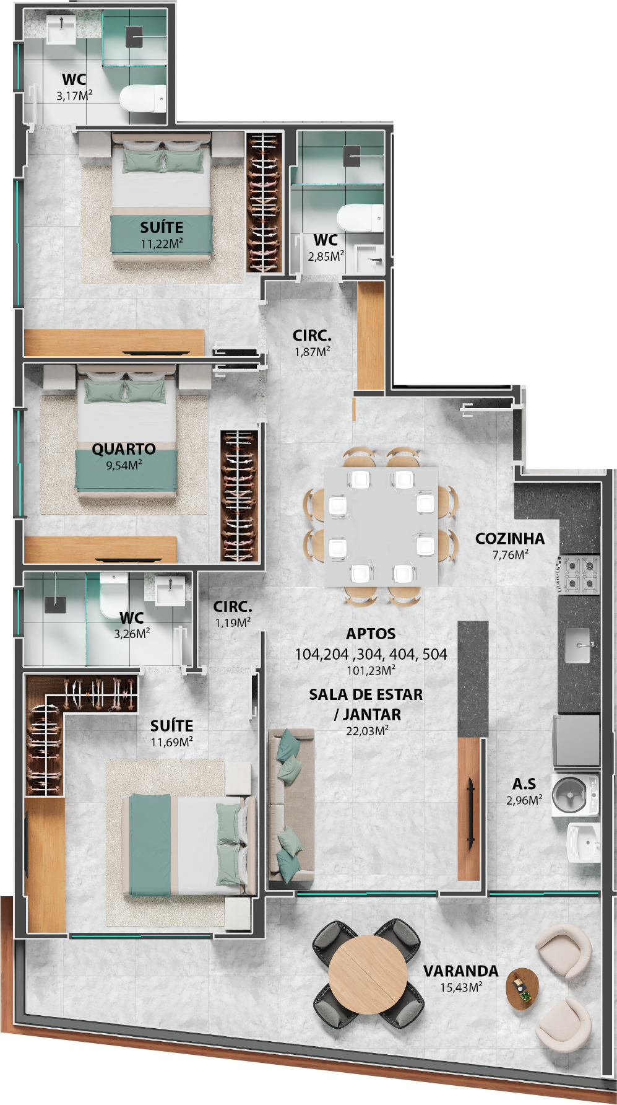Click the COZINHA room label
(x=510, y=539)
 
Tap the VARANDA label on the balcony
(x=460, y=971)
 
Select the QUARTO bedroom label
(x=124, y=449)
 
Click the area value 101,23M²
(x=371, y=670)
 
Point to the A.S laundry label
(x=524, y=784)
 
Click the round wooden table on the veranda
(x=368, y=974)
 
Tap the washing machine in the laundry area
(x=575, y=794)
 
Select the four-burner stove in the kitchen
(x=578, y=574)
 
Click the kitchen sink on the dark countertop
(x=579, y=645)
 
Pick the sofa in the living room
(x=291, y=805)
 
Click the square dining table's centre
(x=381, y=526)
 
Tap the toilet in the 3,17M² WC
(x=143, y=99)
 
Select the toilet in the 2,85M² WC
(x=360, y=218)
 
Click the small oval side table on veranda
(x=522, y=989)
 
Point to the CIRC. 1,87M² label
(x=312, y=343)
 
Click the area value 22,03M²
(x=367, y=731)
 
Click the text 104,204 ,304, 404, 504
(x=371, y=654)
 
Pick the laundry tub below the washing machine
(x=584, y=842)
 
